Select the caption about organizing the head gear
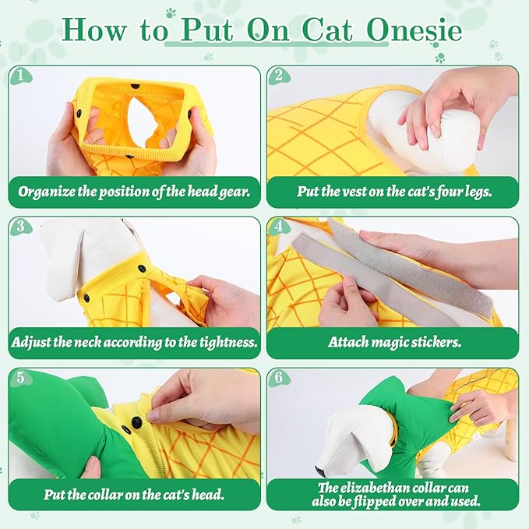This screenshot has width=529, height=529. [134, 191]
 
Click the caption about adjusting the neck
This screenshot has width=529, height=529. [134, 342]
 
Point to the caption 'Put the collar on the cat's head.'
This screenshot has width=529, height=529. [134, 493]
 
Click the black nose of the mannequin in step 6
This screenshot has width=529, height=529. [320, 471]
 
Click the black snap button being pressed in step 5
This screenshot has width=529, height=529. [136, 421]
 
